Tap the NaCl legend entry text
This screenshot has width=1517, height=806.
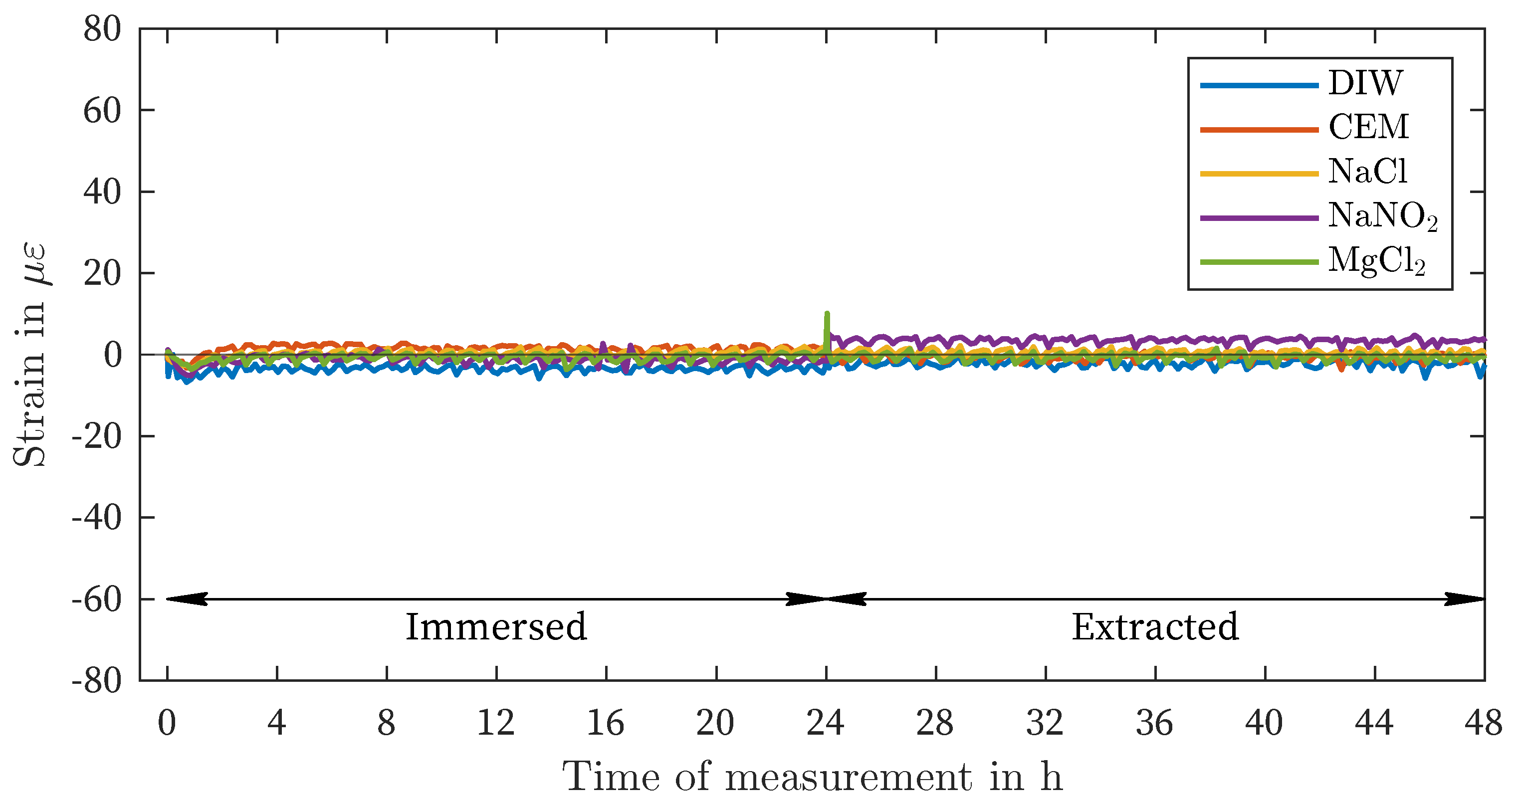[1367, 172]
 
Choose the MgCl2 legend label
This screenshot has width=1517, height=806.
[1376, 261]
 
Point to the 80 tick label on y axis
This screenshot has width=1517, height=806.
[102, 29]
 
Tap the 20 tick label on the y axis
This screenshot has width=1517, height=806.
[102, 274]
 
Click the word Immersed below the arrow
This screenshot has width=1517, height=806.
[496, 627]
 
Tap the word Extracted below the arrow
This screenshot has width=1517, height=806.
[1155, 627]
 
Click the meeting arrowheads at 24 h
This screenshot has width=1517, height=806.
[827, 600]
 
